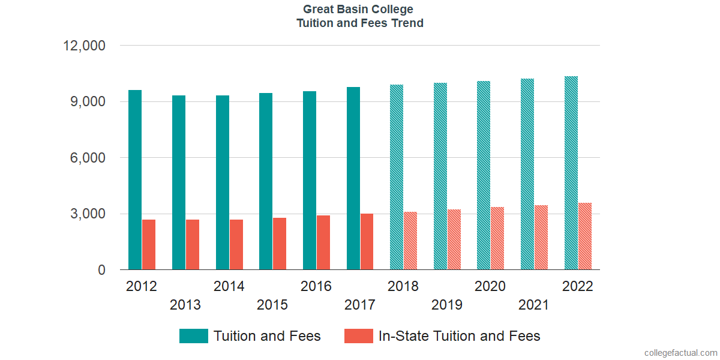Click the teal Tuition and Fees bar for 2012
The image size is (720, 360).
click(135, 180)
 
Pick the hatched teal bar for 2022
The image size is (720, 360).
click(571, 173)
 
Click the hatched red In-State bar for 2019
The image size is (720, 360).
click(454, 240)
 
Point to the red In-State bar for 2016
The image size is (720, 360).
click(323, 243)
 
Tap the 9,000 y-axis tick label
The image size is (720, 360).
click(89, 102)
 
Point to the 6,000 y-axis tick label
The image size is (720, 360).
click(89, 158)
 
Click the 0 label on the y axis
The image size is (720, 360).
click(101, 271)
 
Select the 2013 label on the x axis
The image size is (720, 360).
click(185, 305)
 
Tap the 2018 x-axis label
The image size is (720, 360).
click(403, 286)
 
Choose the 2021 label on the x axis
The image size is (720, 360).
click(533, 305)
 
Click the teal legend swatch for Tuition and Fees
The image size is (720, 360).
click(194, 336)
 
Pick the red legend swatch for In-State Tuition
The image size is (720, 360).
click(359, 336)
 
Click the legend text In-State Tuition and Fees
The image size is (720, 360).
click(459, 336)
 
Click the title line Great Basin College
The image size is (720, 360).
click(358, 9)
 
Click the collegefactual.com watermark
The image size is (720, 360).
click(680, 353)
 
